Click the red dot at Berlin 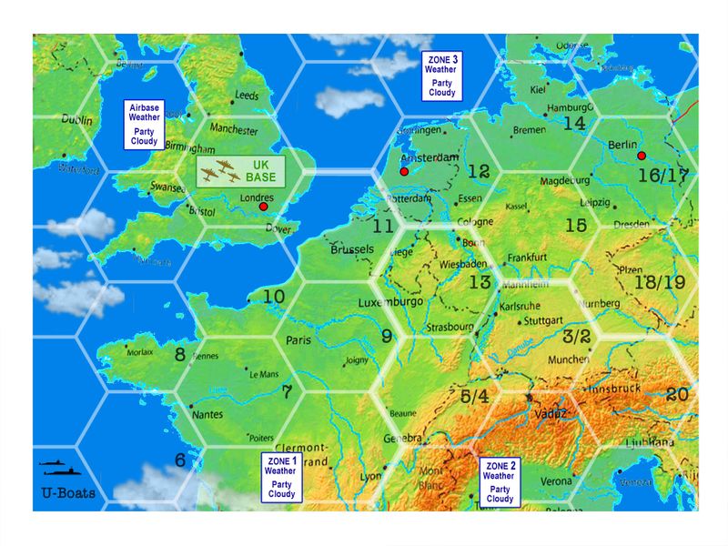click(x=642, y=156)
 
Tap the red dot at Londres click(x=263, y=207)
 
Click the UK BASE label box click(x=242, y=171)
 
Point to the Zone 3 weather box click(x=440, y=76)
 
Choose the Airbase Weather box click(x=144, y=125)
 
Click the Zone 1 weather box click(x=279, y=477)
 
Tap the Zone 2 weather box click(x=499, y=481)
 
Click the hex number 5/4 click(x=475, y=396)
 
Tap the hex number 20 click(x=676, y=394)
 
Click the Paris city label click(x=299, y=339)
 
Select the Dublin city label click(x=77, y=118)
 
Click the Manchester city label click(x=234, y=130)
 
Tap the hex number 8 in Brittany click(x=180, y=354)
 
